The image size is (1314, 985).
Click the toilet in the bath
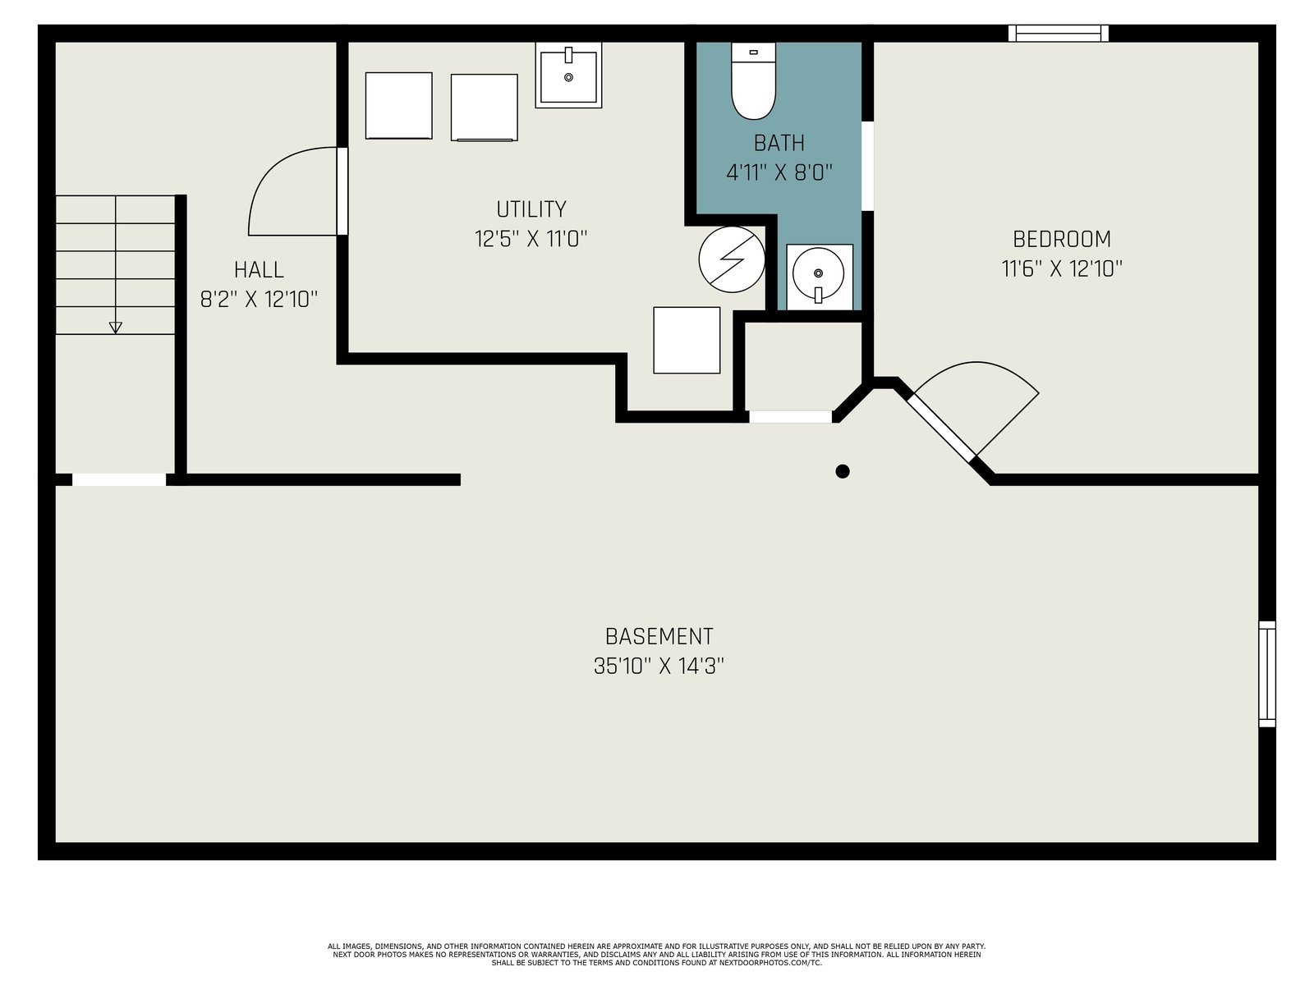753,80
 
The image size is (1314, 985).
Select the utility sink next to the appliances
568,75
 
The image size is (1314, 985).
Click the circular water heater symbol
732,259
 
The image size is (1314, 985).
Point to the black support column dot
843,471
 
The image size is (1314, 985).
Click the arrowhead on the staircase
116,328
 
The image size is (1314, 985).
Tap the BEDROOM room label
1061,239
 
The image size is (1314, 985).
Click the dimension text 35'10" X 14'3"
659,666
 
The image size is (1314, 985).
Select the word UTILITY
531,209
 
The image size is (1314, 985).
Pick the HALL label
259,270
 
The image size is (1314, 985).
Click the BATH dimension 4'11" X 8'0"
779,173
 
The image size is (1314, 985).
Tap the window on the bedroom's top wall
1058,34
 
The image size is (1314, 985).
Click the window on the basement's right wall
1267,674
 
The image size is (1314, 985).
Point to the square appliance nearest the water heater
687,341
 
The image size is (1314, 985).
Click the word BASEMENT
659,636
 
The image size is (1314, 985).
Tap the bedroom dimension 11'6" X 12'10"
1061,268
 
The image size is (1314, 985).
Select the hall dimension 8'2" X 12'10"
259,299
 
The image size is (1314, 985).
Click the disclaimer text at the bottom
657,955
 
